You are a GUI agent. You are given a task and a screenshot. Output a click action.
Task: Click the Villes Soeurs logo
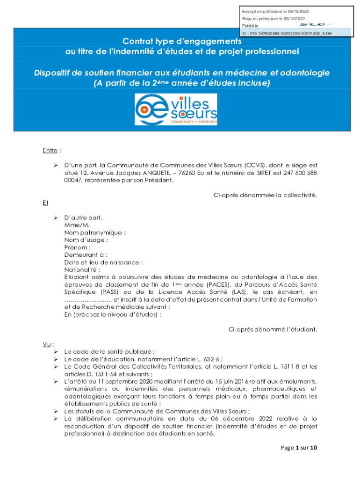tap(176, 109)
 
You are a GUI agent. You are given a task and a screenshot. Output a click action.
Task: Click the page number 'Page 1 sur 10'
tap(299, 448)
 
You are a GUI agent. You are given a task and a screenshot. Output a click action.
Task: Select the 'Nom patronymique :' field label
tap(95, 232)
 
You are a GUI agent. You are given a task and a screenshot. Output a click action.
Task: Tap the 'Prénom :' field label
tap(78, 247)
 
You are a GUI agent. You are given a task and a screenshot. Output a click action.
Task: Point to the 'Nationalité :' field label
tap(82, 269)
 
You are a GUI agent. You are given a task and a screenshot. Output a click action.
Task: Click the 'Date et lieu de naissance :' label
tap(103, 262)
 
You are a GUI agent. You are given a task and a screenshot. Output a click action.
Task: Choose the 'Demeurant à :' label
tap(86, 254)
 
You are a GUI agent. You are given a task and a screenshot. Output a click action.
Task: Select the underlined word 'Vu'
tap(46, 344)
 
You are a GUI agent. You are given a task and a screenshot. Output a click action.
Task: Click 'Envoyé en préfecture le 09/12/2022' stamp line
tap(275, 11)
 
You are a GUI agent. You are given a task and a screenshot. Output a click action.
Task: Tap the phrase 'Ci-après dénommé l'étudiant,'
tap(273, 329)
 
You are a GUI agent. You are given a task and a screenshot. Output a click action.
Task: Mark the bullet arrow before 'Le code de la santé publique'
tap(55, 351)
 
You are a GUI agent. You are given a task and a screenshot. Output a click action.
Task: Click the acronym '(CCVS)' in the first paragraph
tap(254, 165)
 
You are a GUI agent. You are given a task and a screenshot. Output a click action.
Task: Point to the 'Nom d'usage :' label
tap(86, 240)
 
